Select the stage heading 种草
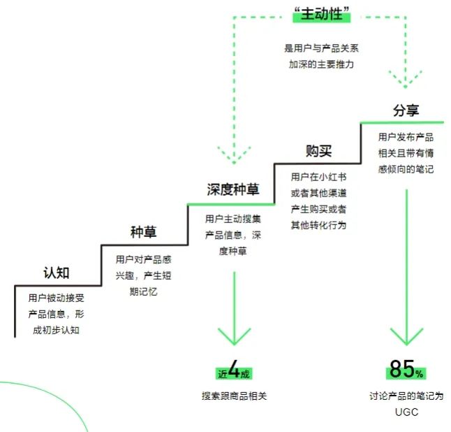pyautogui.click(x=142, y=232)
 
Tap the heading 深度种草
pyautogui.click(x=233, y=190)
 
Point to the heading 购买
pyautogui.click(x=318, y=150)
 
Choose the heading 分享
pyautogui.click(x=406, y=110)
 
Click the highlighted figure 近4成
pyautogui.click(x=233, y=371)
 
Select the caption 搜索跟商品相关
pyautogui.click(x=233, y=396)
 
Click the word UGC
pyautogui.click(x=406, y=412)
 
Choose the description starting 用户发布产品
pyautogui.click(x=406, y=153)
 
